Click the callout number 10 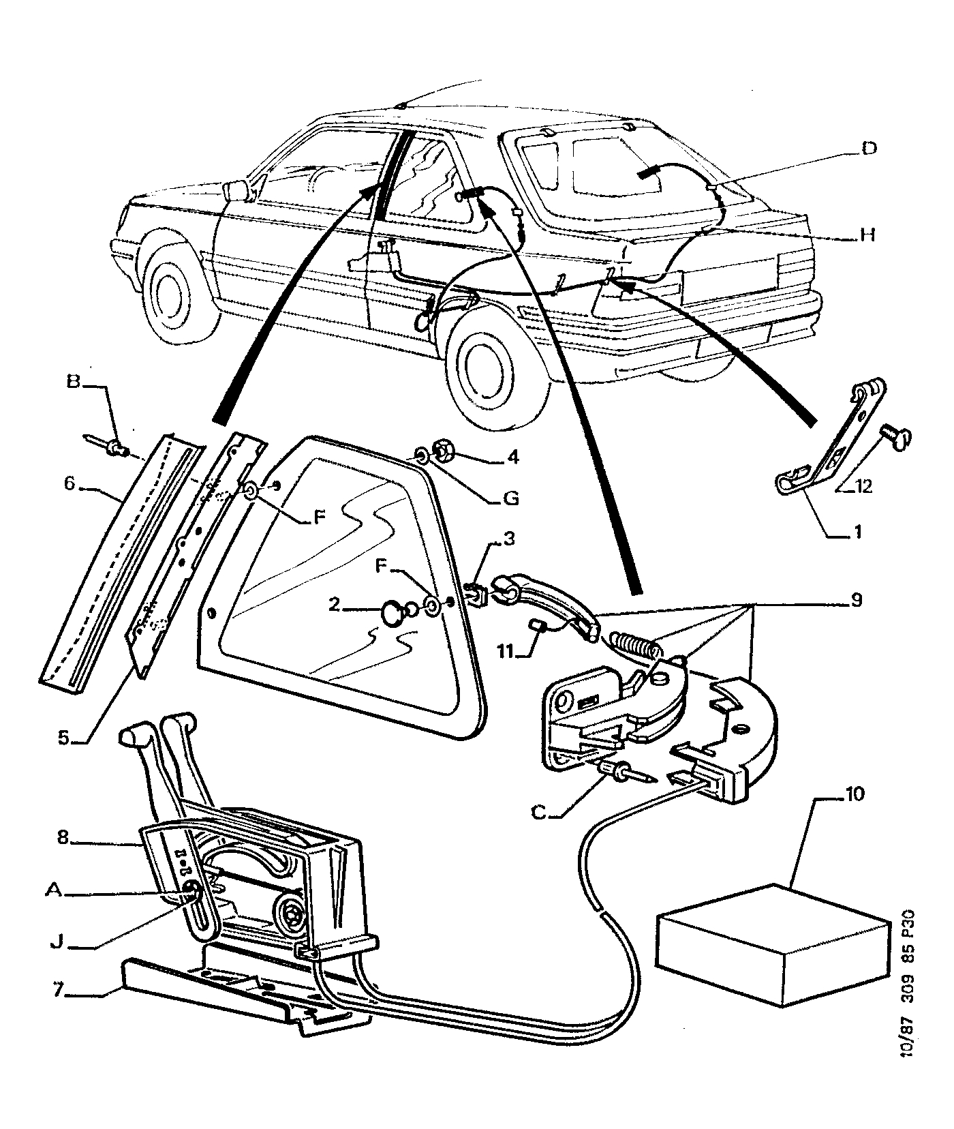coord(855,794)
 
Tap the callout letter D coord(867,149)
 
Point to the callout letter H coord(866,235)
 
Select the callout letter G coord(510,498)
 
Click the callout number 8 coord(63,838)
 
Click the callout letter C coord(539,813)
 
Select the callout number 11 coord(505,652)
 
